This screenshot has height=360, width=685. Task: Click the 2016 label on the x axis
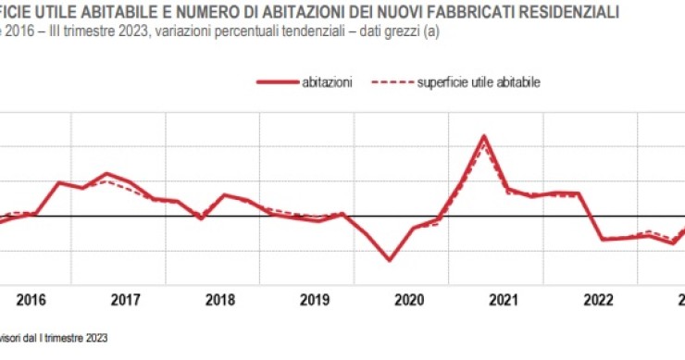pos(31,299)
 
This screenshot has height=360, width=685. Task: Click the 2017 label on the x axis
pos(125,299)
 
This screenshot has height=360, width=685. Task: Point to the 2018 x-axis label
pos(219,299)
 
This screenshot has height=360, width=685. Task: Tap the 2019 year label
pos(315,299)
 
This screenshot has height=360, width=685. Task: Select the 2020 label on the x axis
pos(409,299)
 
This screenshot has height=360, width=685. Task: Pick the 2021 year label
pos(504,299)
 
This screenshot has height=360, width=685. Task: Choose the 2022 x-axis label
pos(598,299)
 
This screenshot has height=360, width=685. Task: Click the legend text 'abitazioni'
pos(327,82)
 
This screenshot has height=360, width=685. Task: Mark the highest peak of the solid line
pos(484,136)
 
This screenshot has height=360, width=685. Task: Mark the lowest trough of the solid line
pos(389,260)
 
